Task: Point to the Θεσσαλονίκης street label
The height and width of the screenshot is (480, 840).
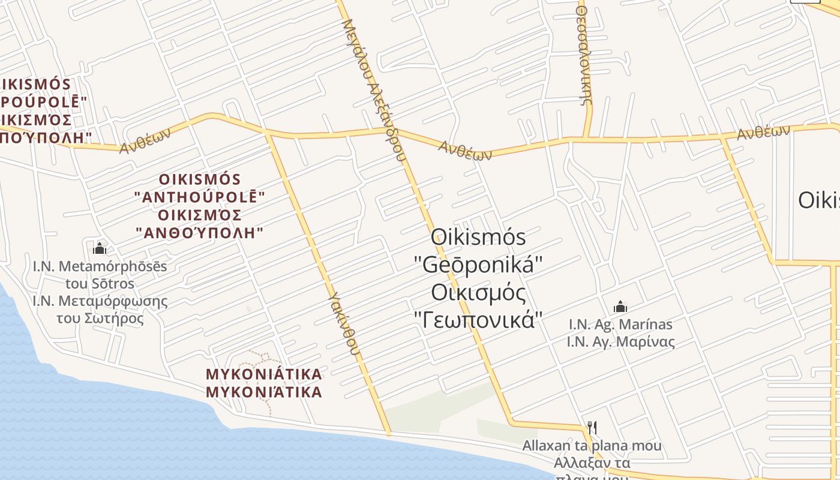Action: click(x=586, y=57)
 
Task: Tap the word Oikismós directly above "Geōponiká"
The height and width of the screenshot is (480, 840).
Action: click(x=479, y=237)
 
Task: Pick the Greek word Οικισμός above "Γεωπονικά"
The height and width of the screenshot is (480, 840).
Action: click(x=479, y=292)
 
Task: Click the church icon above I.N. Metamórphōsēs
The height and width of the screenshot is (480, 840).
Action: click(x=100, y=248)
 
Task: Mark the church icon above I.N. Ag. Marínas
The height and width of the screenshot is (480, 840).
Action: click(x=620, y=307)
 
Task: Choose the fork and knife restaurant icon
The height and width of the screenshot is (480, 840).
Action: click(x=592, y=427)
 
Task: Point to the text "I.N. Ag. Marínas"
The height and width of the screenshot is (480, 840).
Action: click(x=620, y=325)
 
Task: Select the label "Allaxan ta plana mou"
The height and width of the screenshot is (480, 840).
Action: click(x=592, y=446)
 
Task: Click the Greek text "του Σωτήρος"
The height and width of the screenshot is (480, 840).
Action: click(x=100, y=317)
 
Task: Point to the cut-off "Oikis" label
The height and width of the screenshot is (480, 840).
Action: click(x=818, y=200)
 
